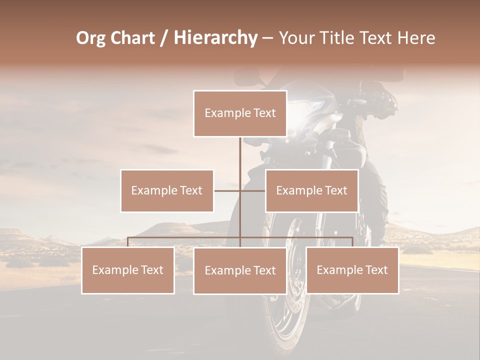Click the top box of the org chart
coord(240,113)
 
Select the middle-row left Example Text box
coord(167,191)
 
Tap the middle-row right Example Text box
coord(311,191)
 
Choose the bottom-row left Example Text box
coord(128,270)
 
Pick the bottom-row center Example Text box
coord(240,271)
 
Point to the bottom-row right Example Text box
coord(352,270)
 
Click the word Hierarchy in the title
coord(215,38)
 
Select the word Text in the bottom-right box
coord(375,270)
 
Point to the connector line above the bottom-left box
coord(128,242)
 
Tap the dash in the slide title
coord(267,38)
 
